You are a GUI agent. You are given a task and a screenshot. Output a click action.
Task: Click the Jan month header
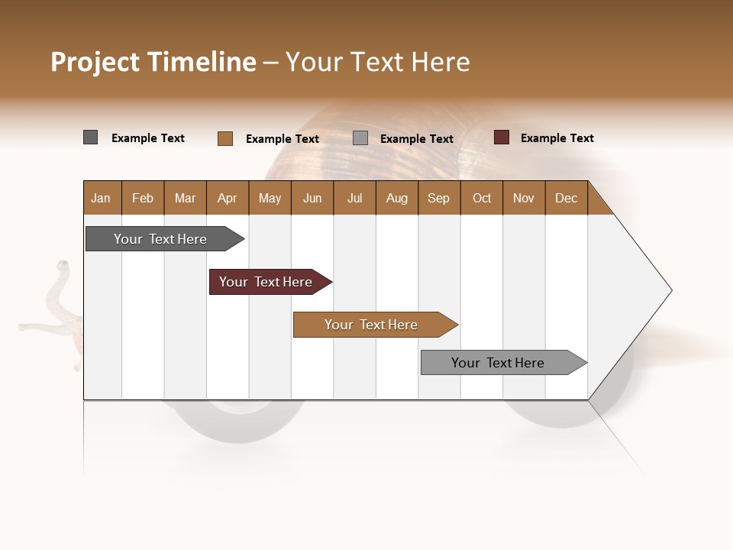pos(101,198)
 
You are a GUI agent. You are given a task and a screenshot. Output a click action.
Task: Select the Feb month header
pos(143,198)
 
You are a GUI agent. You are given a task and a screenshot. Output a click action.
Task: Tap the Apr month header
pos(227,198)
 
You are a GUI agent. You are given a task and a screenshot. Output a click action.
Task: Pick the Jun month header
pos(312,198)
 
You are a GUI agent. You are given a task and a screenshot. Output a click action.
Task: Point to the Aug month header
pos(396,198)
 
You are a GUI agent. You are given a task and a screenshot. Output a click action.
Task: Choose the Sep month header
pos(438,198)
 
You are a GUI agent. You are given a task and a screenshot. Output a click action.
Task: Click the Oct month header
pos(482,198)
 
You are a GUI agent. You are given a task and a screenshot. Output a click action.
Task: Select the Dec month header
pos(566,198)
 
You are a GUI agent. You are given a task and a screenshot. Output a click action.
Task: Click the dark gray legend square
pos(91,137)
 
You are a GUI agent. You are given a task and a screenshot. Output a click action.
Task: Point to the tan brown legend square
pos(225,138)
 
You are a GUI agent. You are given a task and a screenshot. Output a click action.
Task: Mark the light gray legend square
pos(360,138)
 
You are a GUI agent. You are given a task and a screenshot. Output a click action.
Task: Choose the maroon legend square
pos(502,137)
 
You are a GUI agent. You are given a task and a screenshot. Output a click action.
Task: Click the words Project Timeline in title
pos(153,62)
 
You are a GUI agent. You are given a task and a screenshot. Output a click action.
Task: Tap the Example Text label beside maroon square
pos(557,138)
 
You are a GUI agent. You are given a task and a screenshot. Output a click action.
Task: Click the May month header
pos(270,198)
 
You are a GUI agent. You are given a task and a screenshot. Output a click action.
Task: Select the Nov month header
pos(524,198)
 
